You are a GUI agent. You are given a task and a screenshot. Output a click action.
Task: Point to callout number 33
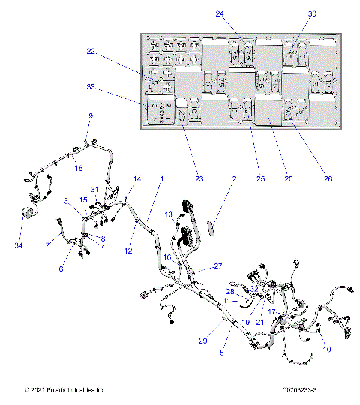[x=91, y=88]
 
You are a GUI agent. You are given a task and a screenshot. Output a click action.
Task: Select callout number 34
[x=18, y=244]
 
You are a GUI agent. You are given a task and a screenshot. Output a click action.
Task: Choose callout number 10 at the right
[x=326, y=349]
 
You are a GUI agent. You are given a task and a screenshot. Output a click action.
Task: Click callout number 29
[x=202, y=340]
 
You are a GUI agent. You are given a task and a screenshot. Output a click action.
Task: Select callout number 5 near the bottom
[x=221, y=352]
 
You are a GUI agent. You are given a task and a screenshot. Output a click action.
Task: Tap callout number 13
[x=169, y=214]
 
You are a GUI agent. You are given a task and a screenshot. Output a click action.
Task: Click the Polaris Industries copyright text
[x=65, y=390]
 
